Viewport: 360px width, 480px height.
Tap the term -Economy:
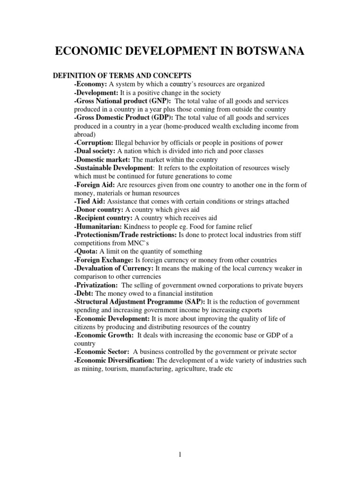[x=90, y=84]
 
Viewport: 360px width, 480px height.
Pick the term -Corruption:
[x=93, y=142]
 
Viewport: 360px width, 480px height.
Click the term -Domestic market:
[x=100, y=159]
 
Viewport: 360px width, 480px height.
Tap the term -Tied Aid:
[x=89, y=201]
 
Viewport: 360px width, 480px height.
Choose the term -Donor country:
[x=98, y=210]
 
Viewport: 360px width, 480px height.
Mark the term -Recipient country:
[x=103, y=218]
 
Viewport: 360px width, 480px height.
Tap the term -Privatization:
[x=96, y=285]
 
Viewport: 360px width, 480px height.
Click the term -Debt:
[x=84, y=293]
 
